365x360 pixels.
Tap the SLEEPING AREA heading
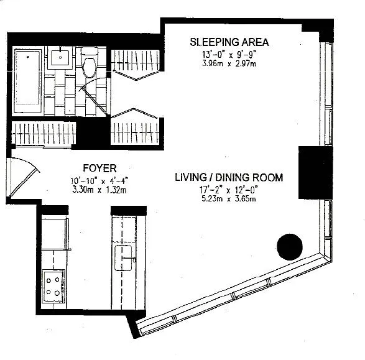[x=229, y=42]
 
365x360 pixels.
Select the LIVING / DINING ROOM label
[x=228, y=178]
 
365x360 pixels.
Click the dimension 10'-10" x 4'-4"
[x=99, y=181]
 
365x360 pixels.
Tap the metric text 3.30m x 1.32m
[x=99, y=190]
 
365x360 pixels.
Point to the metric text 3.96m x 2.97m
[x=229, y=63]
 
